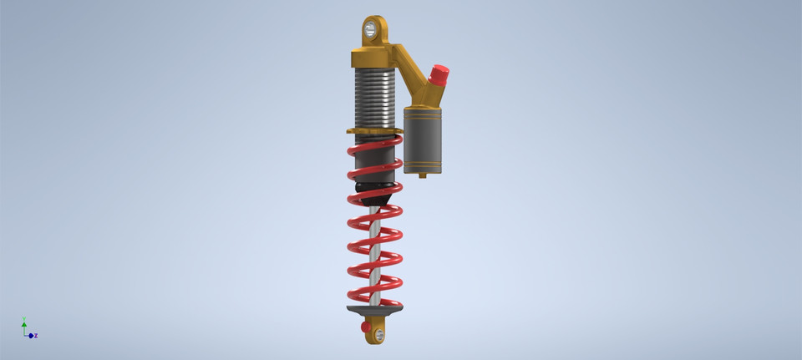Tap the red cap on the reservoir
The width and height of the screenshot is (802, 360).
coord(439,75)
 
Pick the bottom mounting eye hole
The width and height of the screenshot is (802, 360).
coord(380,335)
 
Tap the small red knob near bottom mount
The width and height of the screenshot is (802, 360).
coord(366,327)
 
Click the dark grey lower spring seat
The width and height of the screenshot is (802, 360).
coord(374,310)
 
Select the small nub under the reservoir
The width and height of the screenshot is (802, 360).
coord(423,175)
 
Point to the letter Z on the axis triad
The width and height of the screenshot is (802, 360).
coord(36,336)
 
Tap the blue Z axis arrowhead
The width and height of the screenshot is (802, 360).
coord(31,336)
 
